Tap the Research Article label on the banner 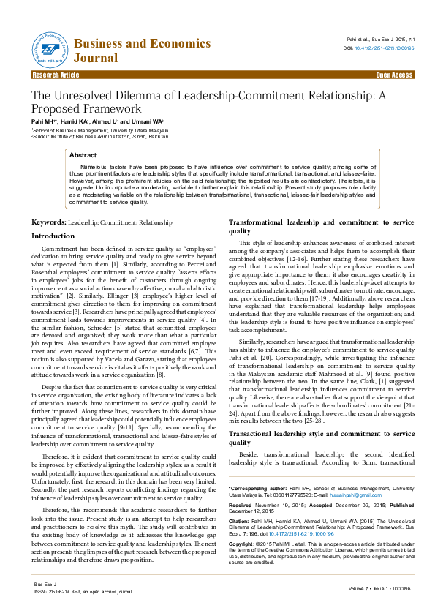(56, 75)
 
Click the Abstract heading (83, 155)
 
